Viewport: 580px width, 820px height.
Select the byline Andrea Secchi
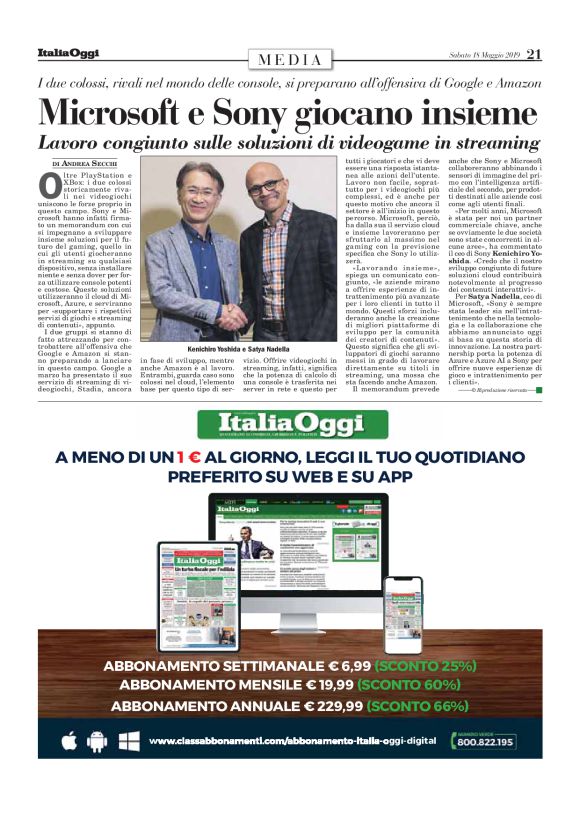pyautogui.click(x=93, y=162)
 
